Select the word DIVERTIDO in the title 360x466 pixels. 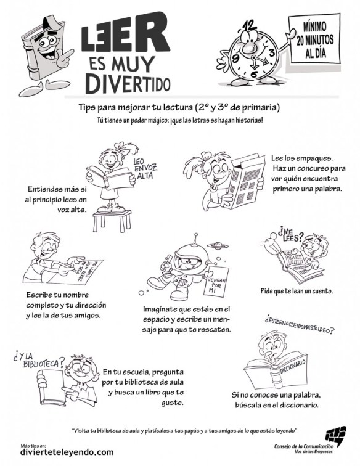(x=128, y=81)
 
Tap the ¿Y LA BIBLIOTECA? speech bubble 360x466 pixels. (x=38, y=360)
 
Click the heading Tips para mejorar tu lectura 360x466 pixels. (x=179, y=107)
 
